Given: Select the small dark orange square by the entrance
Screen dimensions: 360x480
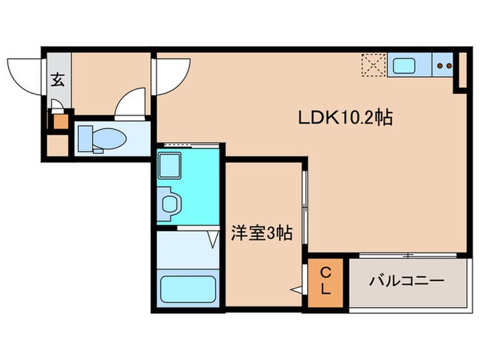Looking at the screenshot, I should [x=61, y=122].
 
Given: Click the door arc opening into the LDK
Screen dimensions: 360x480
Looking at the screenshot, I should [x=172, y=74].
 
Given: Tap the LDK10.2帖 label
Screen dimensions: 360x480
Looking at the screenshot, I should [x=344, y=118].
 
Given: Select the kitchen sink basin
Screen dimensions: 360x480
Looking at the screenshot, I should [x=403, y=67].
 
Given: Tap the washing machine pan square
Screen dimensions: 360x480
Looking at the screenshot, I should [x=169, y=165].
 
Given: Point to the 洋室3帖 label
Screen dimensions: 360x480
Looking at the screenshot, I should [x=261, y=233].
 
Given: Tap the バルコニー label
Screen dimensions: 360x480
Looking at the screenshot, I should [x=407, y=280].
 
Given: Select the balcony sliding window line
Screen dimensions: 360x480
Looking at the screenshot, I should [x=409, y=256].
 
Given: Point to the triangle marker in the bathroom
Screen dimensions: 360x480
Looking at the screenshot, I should [x=213, y=239].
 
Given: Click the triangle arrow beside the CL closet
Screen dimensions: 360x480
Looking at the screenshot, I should [x=296, y=291].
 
